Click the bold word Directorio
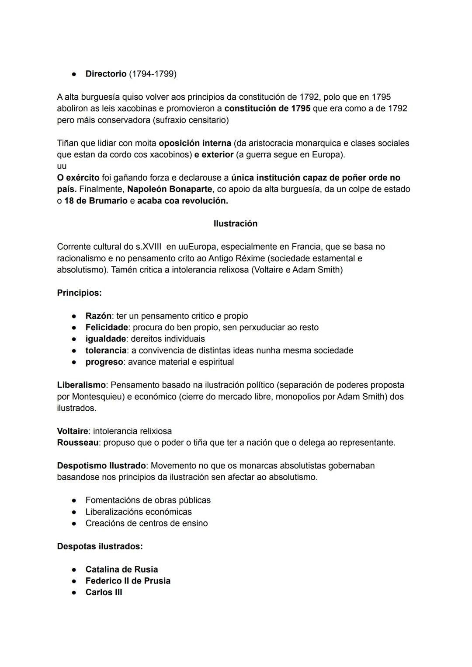[106, 74]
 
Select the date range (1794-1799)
[153, 74]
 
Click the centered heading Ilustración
[236, 223]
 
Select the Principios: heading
[79, 293]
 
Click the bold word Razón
[98, 316]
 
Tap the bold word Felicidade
[107, 327]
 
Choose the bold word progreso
[104, 362]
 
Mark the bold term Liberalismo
[81, 385]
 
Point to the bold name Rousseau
[77, 443]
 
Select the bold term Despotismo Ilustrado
[101, 465]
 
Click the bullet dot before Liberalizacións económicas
[75, 512]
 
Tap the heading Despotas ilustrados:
[100, 546]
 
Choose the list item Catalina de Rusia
[121, 569]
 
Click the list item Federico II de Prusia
[128, 581]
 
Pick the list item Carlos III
[104, 592]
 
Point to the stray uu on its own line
[62, 166]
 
